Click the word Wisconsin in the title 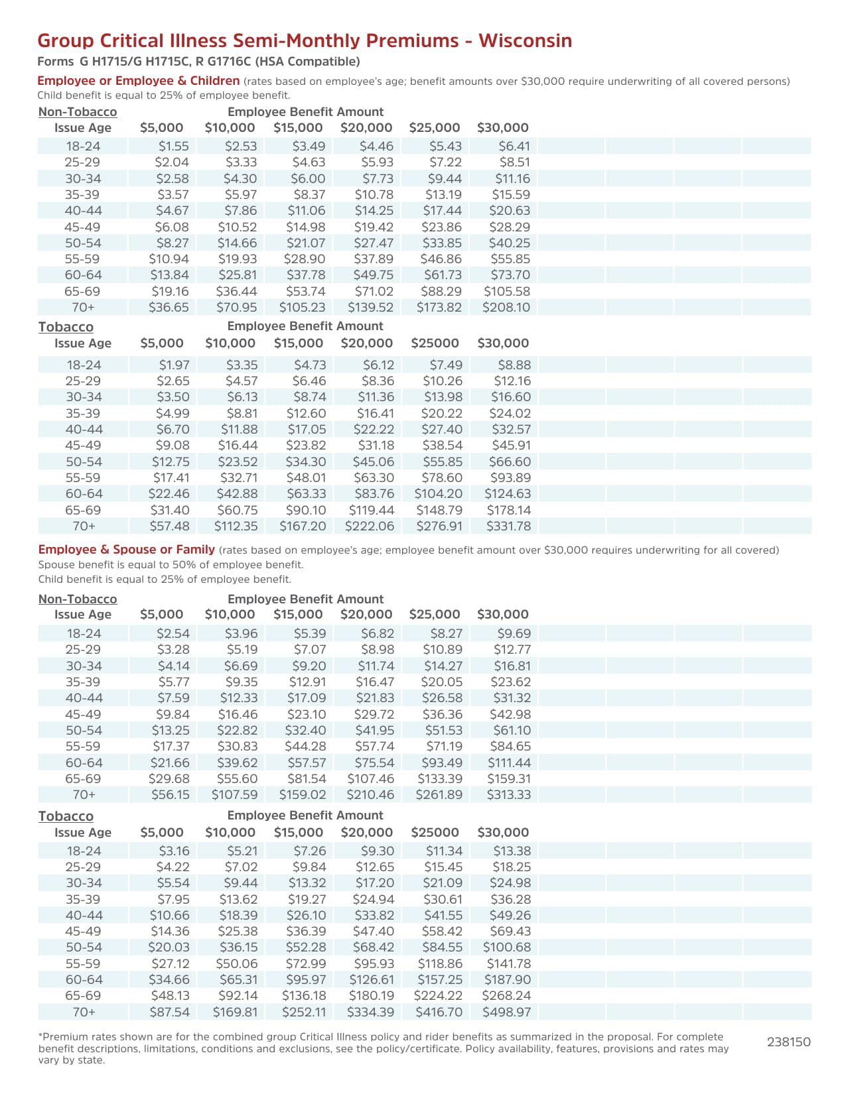pyautogui.click(x=525, y=41)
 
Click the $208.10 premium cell pyautogui.click(x=506, y=308)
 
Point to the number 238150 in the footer pyautogui.click(x=788, y=1042)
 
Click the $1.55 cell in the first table pyautogui.click(x=174, y=147)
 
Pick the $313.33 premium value pyautogui.click(x=509, y=795)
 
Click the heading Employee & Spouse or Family pyautogui.click(x=126, y=550)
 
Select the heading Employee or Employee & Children pyautogui.click(x=138, y=81)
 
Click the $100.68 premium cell pyautogui.click(x=506, y=947)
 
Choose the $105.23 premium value pyautogui.click(x=302, y=308)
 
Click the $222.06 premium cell pyautogui.click(x=370, y=526)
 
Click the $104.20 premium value pyautogui.click(x=438, y=494)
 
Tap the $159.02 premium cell pyautogui.click(x=302, y=795)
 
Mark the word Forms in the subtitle pyautogui.click(x=56, y=62)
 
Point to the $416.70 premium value pyautogui.click(x=439, y=1012)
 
